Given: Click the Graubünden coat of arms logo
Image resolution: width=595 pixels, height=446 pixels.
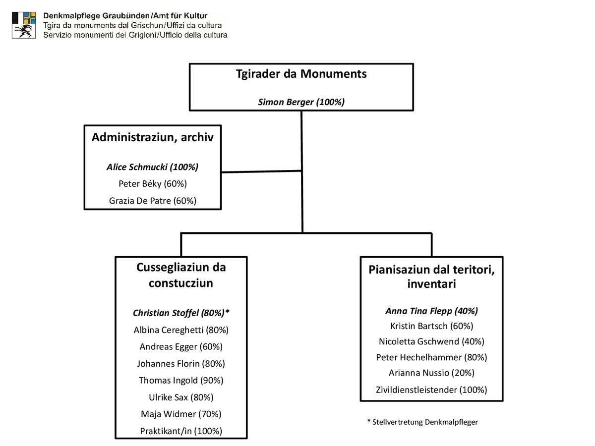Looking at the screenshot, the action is (24, 25).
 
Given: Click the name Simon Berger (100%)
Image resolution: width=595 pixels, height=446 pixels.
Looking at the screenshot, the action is (301, 102).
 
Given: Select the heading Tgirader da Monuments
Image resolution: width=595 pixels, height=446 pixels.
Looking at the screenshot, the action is (301, 74).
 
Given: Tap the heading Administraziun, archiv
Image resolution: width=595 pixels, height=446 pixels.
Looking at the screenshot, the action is (153, 137).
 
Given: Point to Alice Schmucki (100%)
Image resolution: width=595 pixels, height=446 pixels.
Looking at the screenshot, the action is (152, 167).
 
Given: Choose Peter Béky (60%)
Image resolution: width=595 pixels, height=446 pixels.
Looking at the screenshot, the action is (153, 184).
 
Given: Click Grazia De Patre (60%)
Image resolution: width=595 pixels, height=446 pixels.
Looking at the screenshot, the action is (153, 201).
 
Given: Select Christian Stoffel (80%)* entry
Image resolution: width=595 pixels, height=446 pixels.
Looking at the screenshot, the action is (181, 313).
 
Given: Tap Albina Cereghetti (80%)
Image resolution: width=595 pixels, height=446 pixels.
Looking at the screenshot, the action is (181, 330).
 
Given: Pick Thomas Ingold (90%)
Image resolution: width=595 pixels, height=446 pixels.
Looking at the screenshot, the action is (181, 381).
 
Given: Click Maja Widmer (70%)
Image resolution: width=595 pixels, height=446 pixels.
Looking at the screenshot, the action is (181, 414).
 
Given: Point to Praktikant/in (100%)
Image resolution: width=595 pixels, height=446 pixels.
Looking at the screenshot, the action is (181, 431).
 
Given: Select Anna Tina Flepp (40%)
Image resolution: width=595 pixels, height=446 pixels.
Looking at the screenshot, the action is (431, 311).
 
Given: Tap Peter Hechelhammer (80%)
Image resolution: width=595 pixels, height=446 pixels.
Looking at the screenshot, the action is (431, 357).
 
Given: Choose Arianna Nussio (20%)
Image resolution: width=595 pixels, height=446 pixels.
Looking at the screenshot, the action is (431, 373).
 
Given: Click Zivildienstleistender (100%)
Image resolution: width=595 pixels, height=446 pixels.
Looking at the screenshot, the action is (431, 390).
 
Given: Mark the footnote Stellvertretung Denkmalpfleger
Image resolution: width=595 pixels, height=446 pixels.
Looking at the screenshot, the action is (422, 422).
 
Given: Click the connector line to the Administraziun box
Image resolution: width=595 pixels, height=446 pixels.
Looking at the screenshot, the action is (262, 171).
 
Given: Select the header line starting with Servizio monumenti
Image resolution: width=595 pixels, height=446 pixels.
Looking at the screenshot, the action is (135, 35).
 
